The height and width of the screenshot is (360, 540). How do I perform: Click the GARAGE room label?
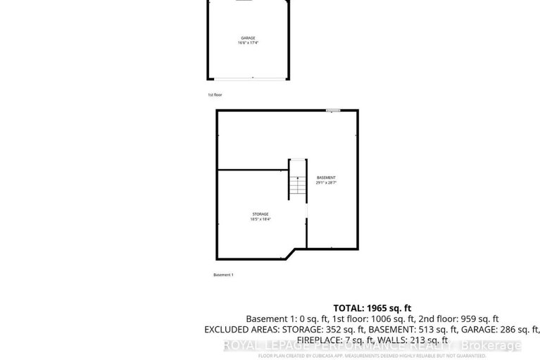[248, 38]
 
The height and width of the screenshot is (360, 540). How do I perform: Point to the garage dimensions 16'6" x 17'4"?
[248, 44]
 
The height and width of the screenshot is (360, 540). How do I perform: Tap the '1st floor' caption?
[215, 94]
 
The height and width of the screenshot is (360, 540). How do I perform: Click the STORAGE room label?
[260, 213]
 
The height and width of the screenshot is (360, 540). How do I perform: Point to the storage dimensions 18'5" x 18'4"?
[260, 219]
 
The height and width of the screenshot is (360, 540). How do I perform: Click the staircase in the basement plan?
[298, 180]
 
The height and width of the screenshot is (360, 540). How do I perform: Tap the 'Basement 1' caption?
[223, 274]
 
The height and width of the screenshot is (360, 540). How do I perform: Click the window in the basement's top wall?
[333, 110]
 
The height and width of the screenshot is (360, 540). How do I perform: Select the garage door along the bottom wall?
[251, 77]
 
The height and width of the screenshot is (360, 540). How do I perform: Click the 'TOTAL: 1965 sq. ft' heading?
[372, 307]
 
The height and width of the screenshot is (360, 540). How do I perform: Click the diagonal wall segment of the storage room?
[296, 253]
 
